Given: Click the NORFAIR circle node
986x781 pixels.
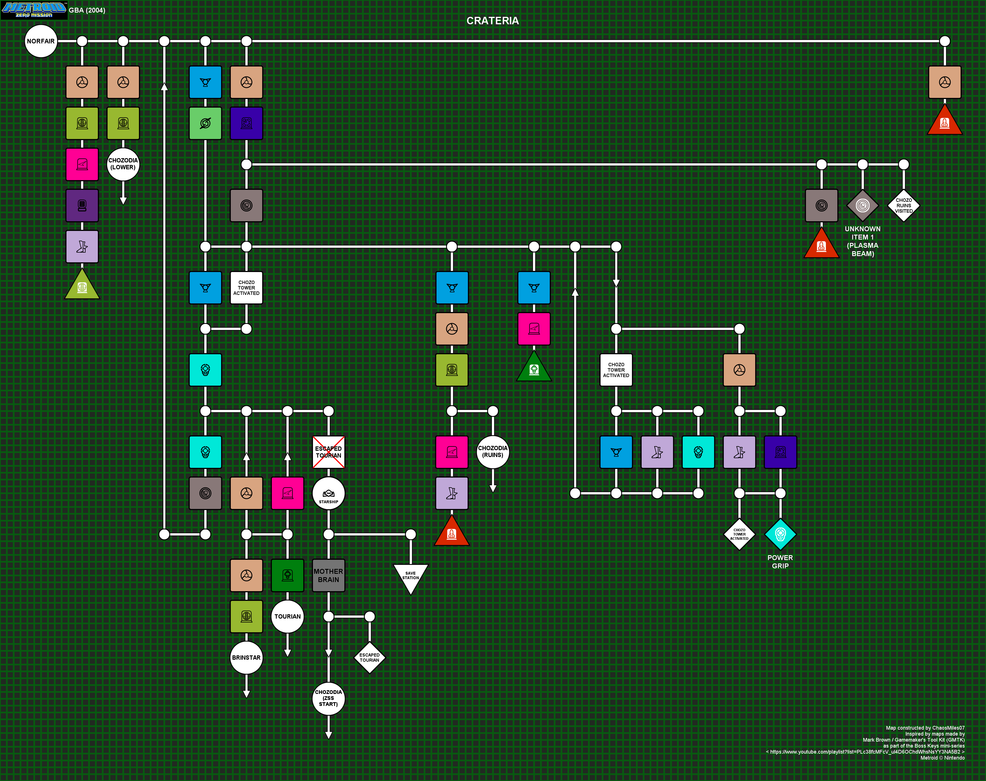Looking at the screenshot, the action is [x=41, y=41].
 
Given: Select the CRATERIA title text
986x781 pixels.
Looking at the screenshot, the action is [x=492, y=21].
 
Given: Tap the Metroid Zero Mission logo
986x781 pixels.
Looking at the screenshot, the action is [x=34, y=10].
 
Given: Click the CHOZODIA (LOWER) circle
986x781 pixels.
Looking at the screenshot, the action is [x=123, y=164].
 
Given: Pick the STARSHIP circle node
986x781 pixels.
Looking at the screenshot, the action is [x=328, y=493].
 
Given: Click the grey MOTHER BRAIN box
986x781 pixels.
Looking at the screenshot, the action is [x=328, y=575].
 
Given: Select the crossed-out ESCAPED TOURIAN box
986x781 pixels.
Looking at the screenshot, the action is [x=328, y=452].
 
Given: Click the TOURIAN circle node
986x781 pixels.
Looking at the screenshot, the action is [x=287, y=616].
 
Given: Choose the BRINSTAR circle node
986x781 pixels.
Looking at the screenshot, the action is [x=246, y=657].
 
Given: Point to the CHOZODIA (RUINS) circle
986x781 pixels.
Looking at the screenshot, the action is [x=492, y=452].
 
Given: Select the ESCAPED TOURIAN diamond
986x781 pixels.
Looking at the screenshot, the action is [x=370, y=657].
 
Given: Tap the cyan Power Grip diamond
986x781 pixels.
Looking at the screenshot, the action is [x=780, y=534].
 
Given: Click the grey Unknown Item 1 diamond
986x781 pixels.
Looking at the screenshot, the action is [x=863, y=205].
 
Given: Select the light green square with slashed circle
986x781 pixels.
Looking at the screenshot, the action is [x=205, y=123].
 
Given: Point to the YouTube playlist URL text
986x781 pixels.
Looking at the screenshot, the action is [x=865, y=752].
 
